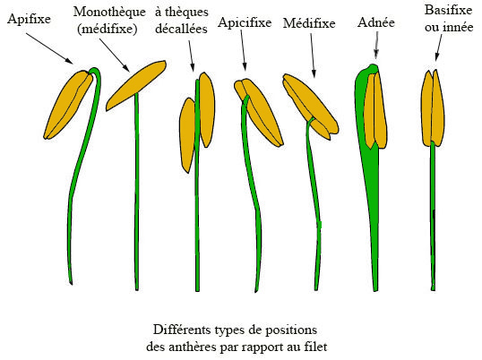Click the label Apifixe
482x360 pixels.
[29, 19]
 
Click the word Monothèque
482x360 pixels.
[109, 13]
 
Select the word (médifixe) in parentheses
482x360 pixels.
[108, 29]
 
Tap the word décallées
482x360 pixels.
[181, 29]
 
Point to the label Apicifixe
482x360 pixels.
[245, 22]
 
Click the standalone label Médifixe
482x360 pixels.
[309, 23]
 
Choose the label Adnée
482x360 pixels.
[376, 22]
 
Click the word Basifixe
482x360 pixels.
[448, 10]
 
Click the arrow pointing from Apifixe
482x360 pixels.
[49, 48]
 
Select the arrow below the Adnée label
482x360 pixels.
[376, 45]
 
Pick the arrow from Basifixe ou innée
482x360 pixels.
[439, 47]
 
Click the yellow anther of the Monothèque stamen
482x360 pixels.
[136, 85]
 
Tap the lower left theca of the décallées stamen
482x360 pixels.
[187, 135]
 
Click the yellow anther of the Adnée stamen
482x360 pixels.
[375, 110]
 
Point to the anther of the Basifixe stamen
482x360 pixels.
[433, 108]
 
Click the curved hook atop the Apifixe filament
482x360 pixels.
[96, 73]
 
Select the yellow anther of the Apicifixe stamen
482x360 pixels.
[259, 112]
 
